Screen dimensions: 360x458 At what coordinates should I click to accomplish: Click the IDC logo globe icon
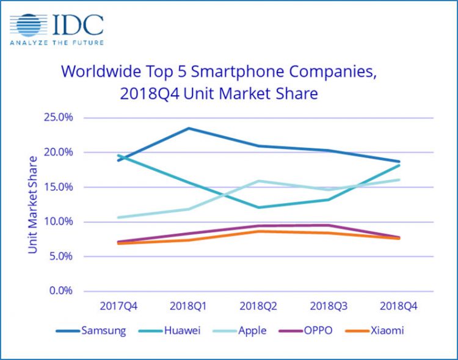pyautogui.click(x=27, y=26)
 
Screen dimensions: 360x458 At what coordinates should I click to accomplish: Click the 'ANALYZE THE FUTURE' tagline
pyautogui.click(x=57, y=43)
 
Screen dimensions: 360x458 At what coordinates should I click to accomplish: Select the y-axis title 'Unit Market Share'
pyautogui.click(x=32, y=204)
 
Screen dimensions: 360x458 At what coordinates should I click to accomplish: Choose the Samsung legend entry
pyautogui.click(x=91, y=331)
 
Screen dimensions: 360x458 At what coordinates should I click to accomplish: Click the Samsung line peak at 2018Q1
pyautogui.click(x=188, y=128)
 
